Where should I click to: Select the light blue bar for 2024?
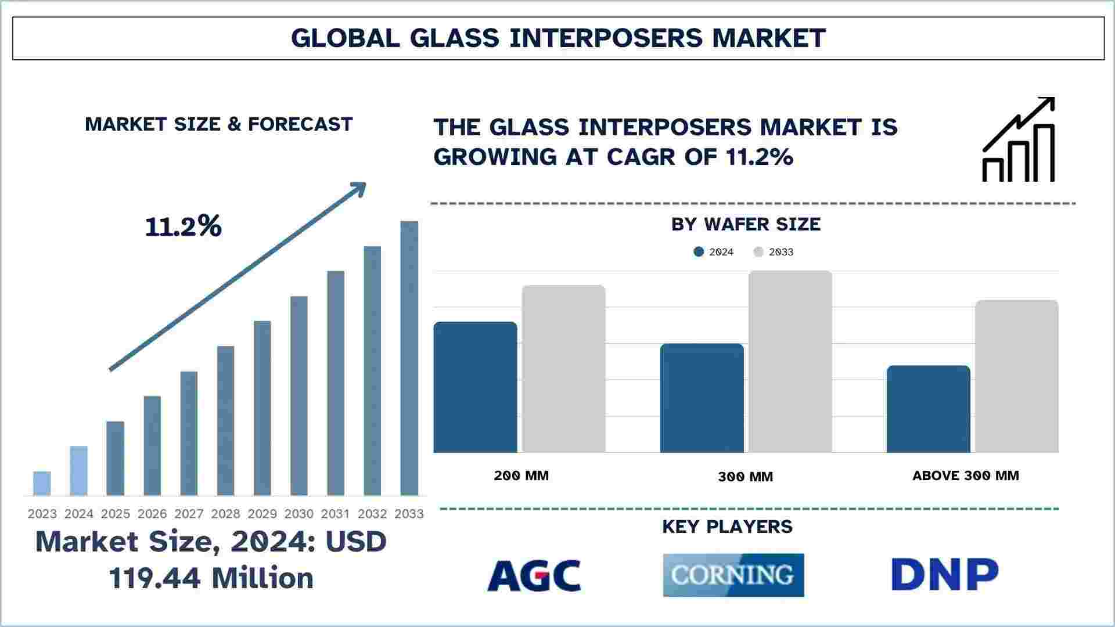click(x=78, y=471)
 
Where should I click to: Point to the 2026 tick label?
click(x=152, y=514)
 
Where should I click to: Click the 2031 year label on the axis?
click(x=336, y=514)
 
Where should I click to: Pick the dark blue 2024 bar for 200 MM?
click(x=475, y=387)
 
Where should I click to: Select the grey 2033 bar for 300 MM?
click(x=790, y=362)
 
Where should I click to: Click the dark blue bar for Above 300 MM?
click(x=928, y=409)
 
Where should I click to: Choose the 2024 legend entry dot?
click(x=699, y=252)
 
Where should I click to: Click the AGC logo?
click(x=534, y=575)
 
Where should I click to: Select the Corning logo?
click(x=733, y=575)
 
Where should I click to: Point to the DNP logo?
click(x=944, y=575)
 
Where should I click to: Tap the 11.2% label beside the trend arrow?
click(x=183, y=226)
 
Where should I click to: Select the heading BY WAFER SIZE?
click(x=746, y=225)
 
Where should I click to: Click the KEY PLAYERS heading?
click(x=727, y=527)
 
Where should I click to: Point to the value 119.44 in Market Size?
click(x=156, y=578)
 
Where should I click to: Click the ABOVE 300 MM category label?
click(x=965, y=476)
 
